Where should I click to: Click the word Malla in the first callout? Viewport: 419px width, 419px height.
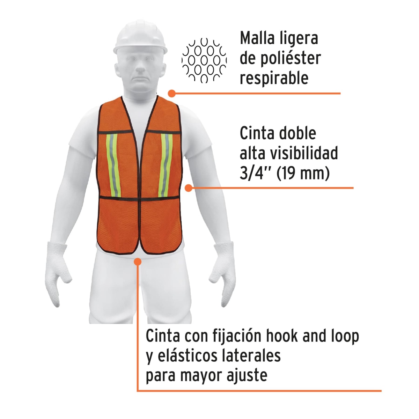(x=257, y=38)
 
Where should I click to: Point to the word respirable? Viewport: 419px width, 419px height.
(x=274, y=78)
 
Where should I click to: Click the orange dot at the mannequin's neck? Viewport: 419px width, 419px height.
(x=171, y=93)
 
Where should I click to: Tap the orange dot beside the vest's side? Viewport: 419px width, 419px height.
(x=189, y=188)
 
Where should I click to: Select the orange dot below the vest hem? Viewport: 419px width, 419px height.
(x=138, y=261)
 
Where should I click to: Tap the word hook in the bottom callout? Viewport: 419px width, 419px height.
(x=282, y=336)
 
